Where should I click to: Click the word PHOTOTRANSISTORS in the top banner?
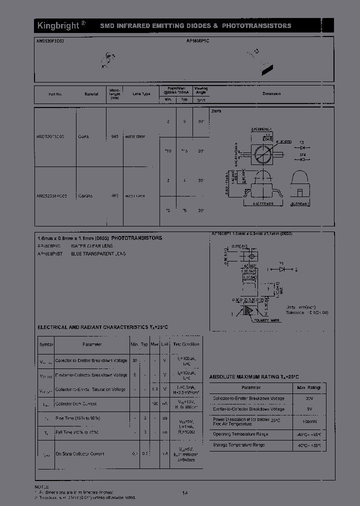tap(256, 25)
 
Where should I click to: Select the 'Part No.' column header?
tap(55, 94)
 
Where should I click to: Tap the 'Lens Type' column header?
tap(141, 94)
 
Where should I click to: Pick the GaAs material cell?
tap(83, 136)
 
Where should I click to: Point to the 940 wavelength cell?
tap(114, 136)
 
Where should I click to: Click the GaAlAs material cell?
tap(85, 196)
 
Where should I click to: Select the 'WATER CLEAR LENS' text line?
tap(92, 246)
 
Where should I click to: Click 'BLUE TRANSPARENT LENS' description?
tap(98, 254)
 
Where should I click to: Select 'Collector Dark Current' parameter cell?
tap(75, 403)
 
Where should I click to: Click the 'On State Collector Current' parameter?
tap(79, 453)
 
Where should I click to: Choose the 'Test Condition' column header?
tap(186, 344)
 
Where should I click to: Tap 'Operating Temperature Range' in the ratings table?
tap(240, 434)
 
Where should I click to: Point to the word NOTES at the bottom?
tap(42, 486)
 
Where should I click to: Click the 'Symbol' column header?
tap(46, 344)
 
